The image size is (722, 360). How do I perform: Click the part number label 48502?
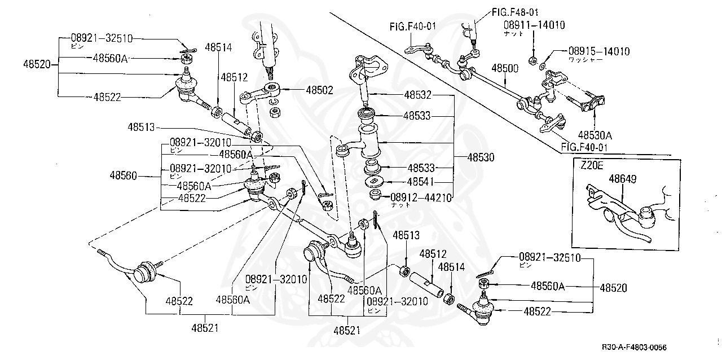pyautogui.click(x=319, y=89)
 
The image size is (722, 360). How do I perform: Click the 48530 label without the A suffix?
pyautogui.click(x=481, y=158)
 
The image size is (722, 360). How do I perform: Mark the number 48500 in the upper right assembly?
pyautogui.click(x=505, y=68)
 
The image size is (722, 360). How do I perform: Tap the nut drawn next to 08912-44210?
pyautogui.click(x=374, y=196)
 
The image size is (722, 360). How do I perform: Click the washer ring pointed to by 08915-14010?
pyautogui.click(x=543, y=67)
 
